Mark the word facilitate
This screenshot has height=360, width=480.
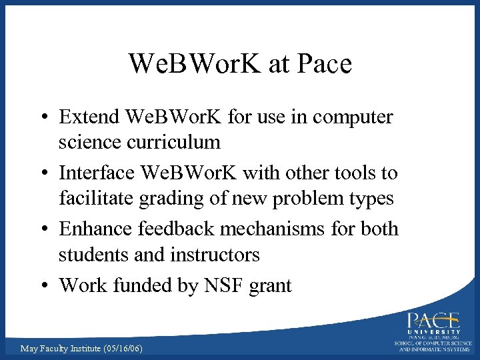click(97, 198)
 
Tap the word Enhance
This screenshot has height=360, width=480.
click(96, 229)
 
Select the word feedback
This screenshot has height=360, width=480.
click(178, 229)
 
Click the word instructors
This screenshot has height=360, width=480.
click(215, 254)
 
